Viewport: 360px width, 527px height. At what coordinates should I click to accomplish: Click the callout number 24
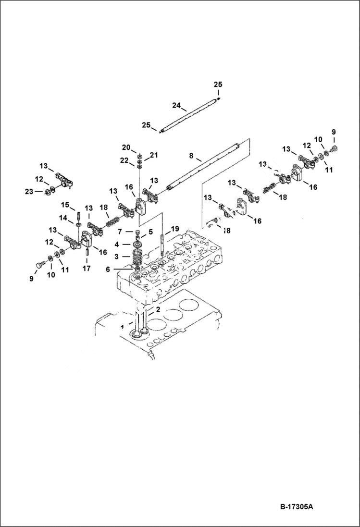point(176,105)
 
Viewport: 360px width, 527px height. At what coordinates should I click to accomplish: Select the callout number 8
point(191,156)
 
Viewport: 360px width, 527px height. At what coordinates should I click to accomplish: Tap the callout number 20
point(126,147)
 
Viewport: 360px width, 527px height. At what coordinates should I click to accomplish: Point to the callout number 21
point(154,155)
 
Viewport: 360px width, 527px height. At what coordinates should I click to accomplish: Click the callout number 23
point(29,191)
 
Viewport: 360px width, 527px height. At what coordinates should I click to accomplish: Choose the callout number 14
point(64,218)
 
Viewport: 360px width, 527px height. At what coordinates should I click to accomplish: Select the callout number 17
point(86,269)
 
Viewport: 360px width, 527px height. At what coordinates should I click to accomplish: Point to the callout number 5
point(150,232)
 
